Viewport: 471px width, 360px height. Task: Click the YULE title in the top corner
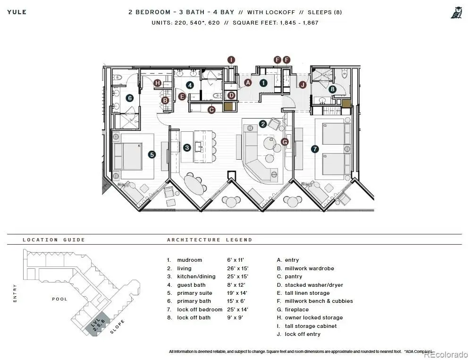(x=17, y=12)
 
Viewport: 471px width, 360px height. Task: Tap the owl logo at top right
(x=456, y=13)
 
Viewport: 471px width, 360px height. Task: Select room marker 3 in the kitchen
(x=187, y=147)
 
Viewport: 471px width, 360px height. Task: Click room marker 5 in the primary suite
(x=151, y=154)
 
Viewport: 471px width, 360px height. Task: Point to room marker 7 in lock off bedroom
(x=315, y=148)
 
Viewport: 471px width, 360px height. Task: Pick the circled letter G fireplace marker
(x=285, y=141)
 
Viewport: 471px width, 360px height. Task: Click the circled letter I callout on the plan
(x=231, y=60)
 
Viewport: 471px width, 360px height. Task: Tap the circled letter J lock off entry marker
(x=303, y=85)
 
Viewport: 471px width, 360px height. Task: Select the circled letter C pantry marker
(x=211, y=110)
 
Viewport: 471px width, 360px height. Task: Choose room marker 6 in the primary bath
(x=130, y=98)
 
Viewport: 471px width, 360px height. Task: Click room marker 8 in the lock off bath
(x=333, y=88)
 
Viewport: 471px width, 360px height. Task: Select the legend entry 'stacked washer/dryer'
(x=313, y=285)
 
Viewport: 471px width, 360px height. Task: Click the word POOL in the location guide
(x=59, y=299)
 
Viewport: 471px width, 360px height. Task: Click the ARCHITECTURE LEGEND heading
(x=210, y=240)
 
